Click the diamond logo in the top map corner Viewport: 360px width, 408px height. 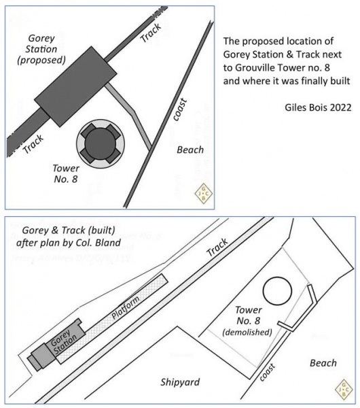tap(202, 192)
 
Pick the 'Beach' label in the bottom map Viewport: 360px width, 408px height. tap(323, 363)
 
